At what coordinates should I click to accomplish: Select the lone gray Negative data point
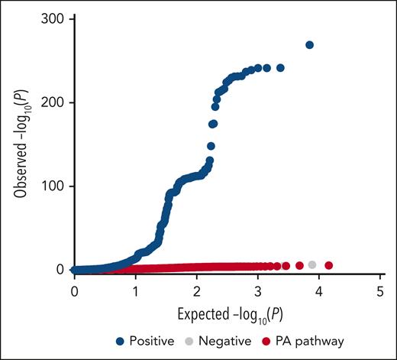click(312, 265)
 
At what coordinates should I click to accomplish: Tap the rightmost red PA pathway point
click(329, 265)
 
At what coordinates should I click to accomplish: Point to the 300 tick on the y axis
click(53, 18)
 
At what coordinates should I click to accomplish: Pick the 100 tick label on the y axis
click(53, 186)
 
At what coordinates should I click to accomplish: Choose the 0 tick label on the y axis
click(60, 269)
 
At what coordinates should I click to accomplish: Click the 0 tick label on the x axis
click(74, 292)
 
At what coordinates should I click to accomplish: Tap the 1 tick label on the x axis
click(135, 292)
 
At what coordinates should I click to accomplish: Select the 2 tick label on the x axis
click(196, 292)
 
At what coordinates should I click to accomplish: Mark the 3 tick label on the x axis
click(257, 292)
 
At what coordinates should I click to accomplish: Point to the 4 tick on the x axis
click(318, 292)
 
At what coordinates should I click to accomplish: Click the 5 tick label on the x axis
click(379, 292)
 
